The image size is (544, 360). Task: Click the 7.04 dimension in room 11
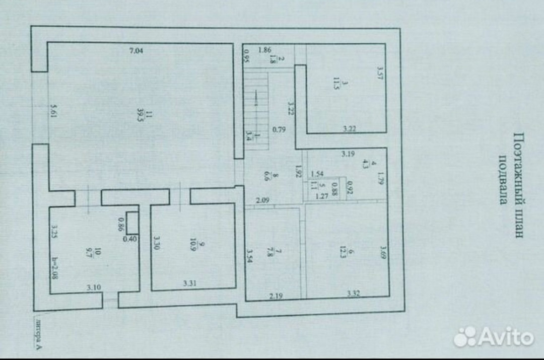tap(136, 50)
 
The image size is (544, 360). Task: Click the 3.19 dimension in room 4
tap(347, 154)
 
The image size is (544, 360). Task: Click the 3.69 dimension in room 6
tap(383, 252)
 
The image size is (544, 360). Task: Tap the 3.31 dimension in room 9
tap(189, 283)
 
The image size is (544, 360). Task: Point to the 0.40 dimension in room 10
tap(130, 239)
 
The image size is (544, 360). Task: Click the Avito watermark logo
tap(493, 337)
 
